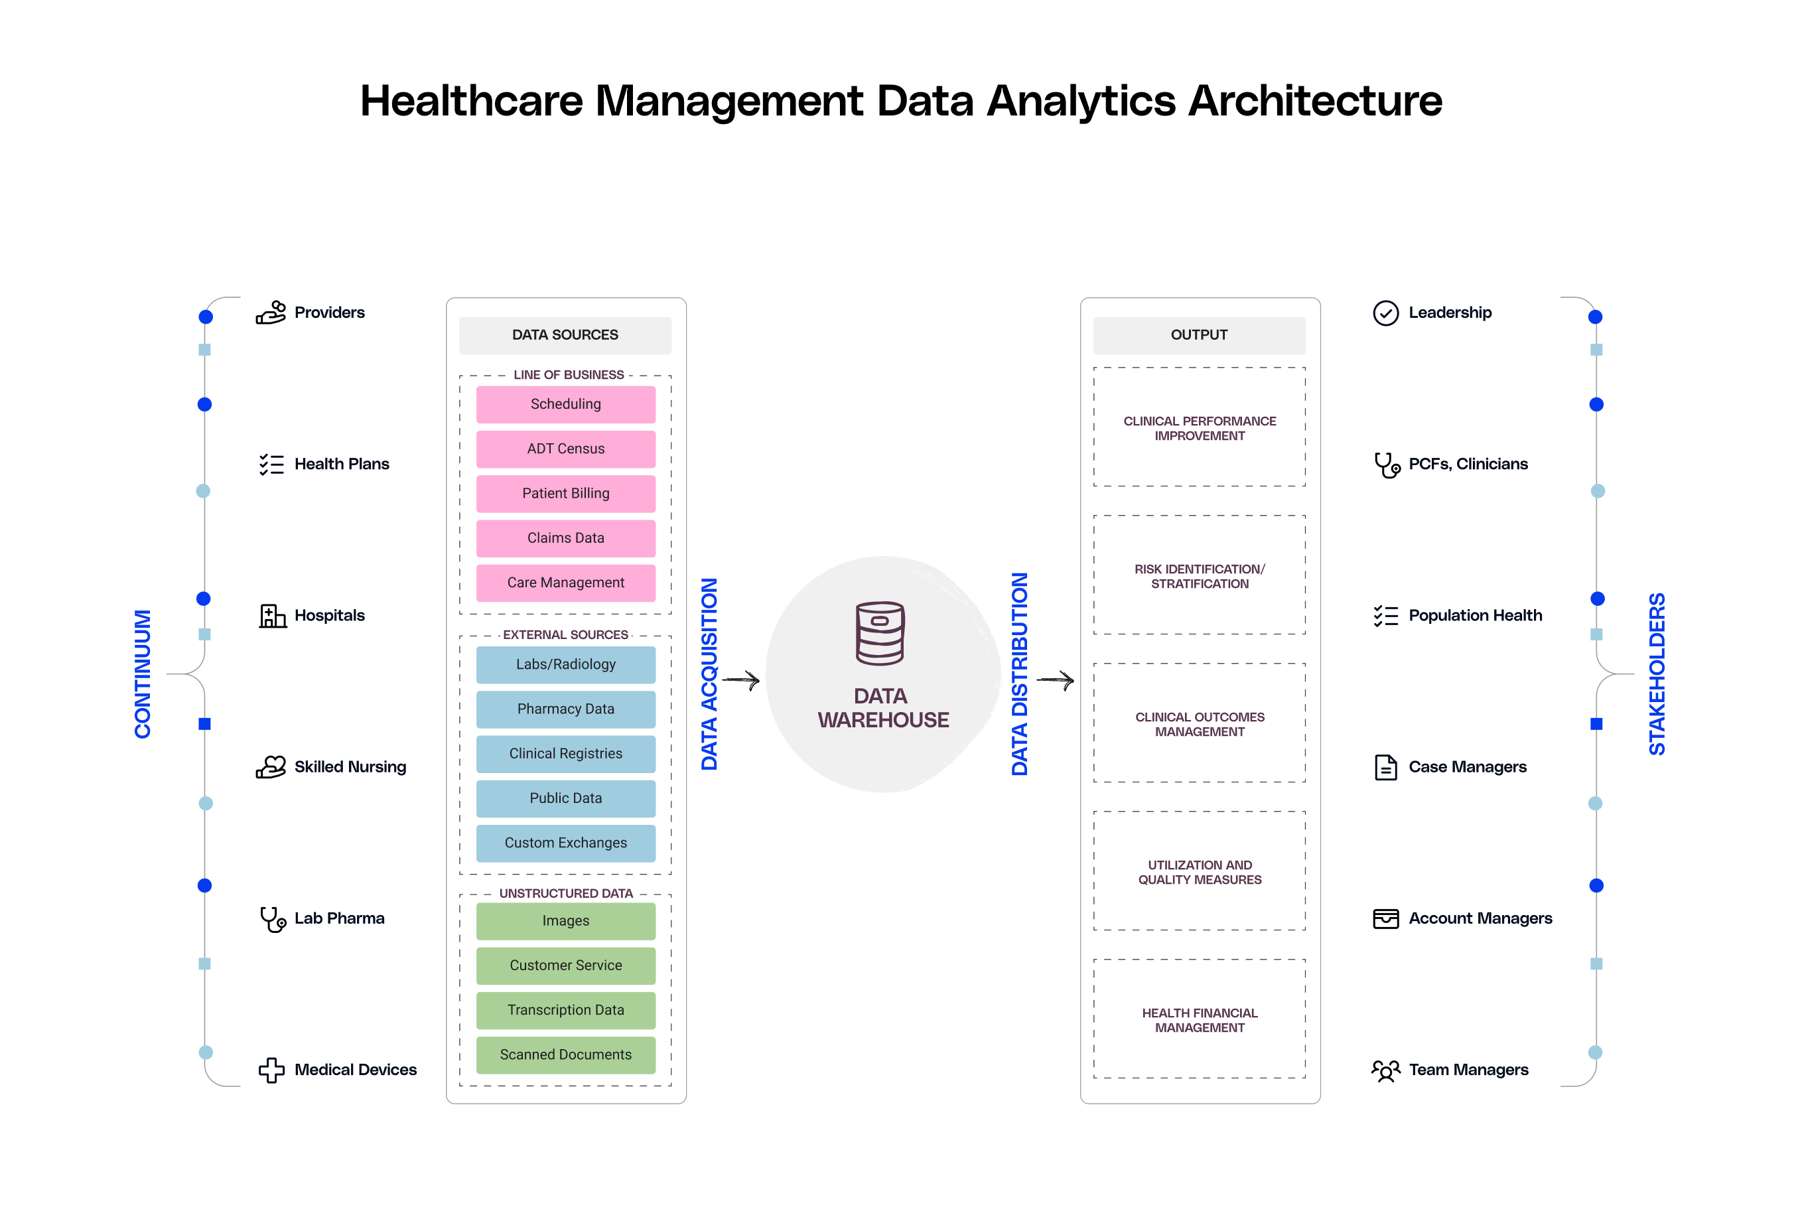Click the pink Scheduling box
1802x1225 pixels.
[x=565, y=404]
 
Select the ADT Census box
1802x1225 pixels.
[x=565, y=449]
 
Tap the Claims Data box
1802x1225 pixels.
[x=565, y=538]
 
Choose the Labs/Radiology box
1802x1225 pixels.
[x=565, y=664]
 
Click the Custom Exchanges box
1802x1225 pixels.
[x=565, y=843]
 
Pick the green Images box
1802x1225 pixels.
[x=565, y=921]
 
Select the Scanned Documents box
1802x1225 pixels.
[x=565, y=1054]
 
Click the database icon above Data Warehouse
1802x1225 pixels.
[x=879, y=634]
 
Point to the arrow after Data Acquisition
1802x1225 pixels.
[x=741, y=681]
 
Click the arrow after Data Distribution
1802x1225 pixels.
[x=1056, y=681]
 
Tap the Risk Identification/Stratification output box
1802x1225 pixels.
[x=1200, y=576]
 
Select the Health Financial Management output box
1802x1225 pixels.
[x=1200, y=1019]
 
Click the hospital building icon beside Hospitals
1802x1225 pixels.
[x=272, y=616]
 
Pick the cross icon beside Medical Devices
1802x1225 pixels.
[x=271, y=1070]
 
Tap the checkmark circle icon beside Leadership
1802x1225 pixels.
[x=1385, y=313]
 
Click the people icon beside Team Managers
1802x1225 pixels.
[x=1385, y=1070]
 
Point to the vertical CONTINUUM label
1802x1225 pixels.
[x=143, y=674]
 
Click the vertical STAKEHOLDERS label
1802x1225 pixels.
[x=1657, y=674]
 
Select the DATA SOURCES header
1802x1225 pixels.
[x=565, y=335]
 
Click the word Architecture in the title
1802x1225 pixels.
[x=1315, y=101]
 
